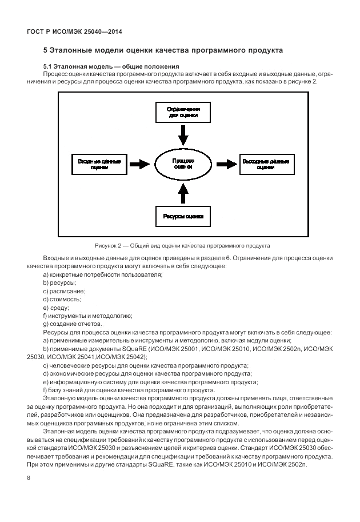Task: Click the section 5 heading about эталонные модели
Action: [x=163, y=50]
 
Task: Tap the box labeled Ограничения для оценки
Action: [x=183, y=111]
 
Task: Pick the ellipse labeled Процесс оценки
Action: [x=183, y=164]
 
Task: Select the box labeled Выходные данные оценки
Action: [x=265, y=164]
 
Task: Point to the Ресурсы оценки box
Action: [x=183, y=217]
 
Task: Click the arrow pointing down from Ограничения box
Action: [x=183, y=136]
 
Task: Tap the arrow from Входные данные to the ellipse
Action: [x=138, y=164]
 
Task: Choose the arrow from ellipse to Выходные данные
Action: [x=226, y=164]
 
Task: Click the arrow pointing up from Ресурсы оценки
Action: [x=183, y=194]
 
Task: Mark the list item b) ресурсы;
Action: [x=60, y=283]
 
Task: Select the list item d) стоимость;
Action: [x=62, y=299]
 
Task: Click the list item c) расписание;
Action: [x=64, y=291]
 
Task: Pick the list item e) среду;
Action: [x=56, y=308]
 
